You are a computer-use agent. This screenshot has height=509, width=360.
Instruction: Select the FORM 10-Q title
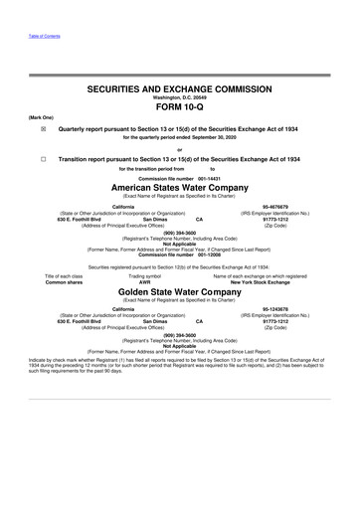pyautogui.click(x=179, y=110)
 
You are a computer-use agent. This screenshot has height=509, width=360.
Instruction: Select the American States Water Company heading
pyautogui.click(x=179, y=188)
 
